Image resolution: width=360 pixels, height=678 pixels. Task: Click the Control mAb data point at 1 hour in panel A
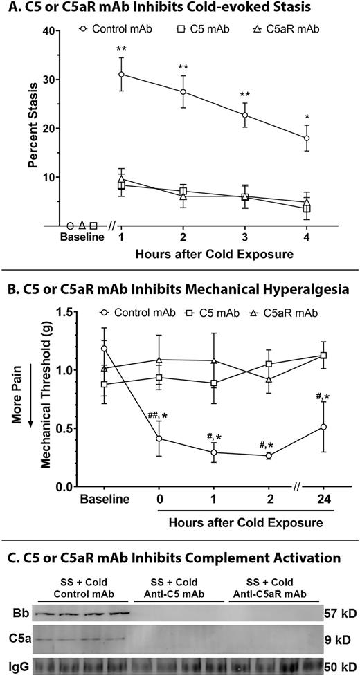click(x=122, y=74)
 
